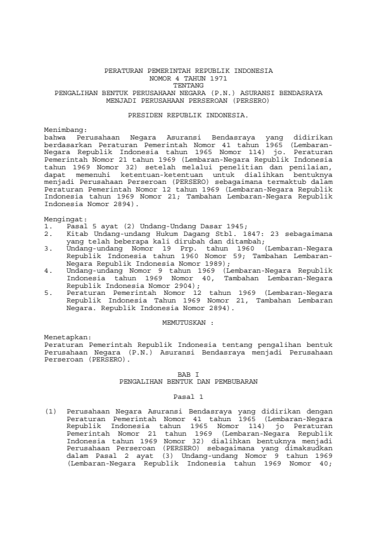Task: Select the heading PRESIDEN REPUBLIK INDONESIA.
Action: point(188,116)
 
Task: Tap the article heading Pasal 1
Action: point(188,396)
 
